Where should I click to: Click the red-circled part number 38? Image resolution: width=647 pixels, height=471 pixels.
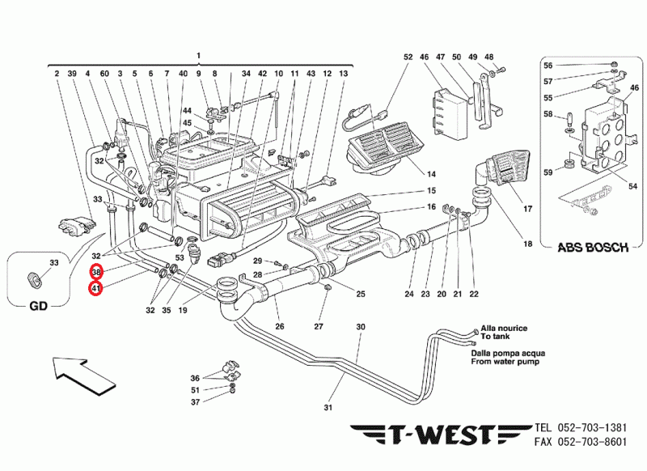coord(96,272)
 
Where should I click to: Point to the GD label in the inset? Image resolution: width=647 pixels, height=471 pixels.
coord(40,306)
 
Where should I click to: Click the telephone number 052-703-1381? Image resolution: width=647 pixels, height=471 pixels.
coord(592,427)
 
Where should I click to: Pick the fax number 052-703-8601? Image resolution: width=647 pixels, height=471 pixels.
coord(592,442)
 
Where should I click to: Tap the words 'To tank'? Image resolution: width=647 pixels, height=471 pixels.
coord(497,336)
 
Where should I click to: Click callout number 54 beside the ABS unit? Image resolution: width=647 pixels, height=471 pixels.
coord(633,186)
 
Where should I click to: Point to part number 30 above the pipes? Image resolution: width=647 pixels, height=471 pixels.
coord(361,327)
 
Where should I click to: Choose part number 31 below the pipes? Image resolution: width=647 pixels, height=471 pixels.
coord(328,406)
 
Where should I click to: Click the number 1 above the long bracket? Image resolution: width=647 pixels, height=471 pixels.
coord(197,54)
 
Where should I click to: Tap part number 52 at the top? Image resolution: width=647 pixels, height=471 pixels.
coord(408,57)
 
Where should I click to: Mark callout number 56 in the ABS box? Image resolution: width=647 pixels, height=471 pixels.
coord(569,65)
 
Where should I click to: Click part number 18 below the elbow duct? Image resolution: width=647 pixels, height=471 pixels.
coord(527,244)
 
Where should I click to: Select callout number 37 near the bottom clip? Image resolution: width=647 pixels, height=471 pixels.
coord(195,402)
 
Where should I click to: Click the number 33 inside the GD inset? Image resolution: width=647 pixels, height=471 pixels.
coord(55,263)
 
